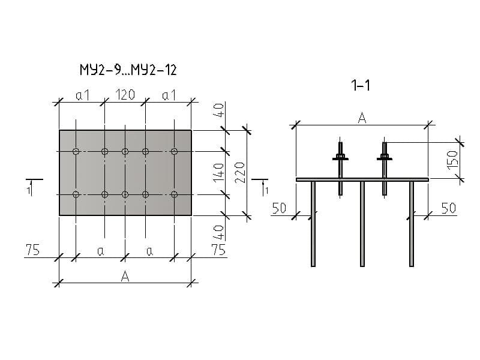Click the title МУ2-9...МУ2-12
pos(128,71)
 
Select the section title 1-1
pos(361,86)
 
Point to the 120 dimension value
pos(125,95)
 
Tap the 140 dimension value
pos(219,172)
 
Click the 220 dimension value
pos(239,172)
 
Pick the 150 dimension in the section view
pos(453,159)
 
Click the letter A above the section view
pos(362,118)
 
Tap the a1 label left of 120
pos(83,95)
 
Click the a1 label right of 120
pos(169,95)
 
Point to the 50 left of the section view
pos(279,208)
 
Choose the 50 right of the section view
pos(448,208)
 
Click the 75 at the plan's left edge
pos(32,250)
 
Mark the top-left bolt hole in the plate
pos(76,151)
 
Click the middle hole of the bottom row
pos(125,194)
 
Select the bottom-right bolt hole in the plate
pos(174,194)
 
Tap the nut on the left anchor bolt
pos(340,158)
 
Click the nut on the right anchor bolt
pos(384,158)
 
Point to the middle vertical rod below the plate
pos(362,223)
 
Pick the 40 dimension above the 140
pos(219,110)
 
